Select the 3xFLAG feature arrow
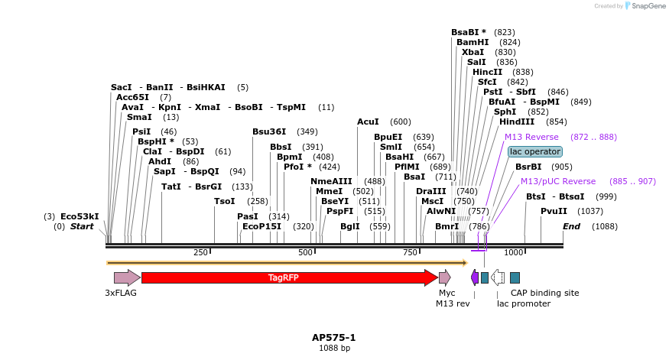coord(126,277)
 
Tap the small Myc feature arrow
coord(444,277)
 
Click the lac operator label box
coord(534,151)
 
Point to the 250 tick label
coord(201,252)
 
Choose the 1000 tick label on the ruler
coord(514,252)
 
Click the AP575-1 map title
coord(334,337)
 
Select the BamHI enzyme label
coord(473,42)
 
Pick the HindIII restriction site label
coord(517,122)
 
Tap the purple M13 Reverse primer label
coord(531,137)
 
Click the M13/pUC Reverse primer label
coord(557,181)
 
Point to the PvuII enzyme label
coord(554,211)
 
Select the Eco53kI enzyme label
coord(80,216)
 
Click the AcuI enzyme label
coord(368,122)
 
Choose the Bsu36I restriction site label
coord(268,131)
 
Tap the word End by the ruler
coord(571,226)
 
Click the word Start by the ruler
coord(81,226)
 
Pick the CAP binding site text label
coord(544,293)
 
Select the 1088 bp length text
coord(334,348)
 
